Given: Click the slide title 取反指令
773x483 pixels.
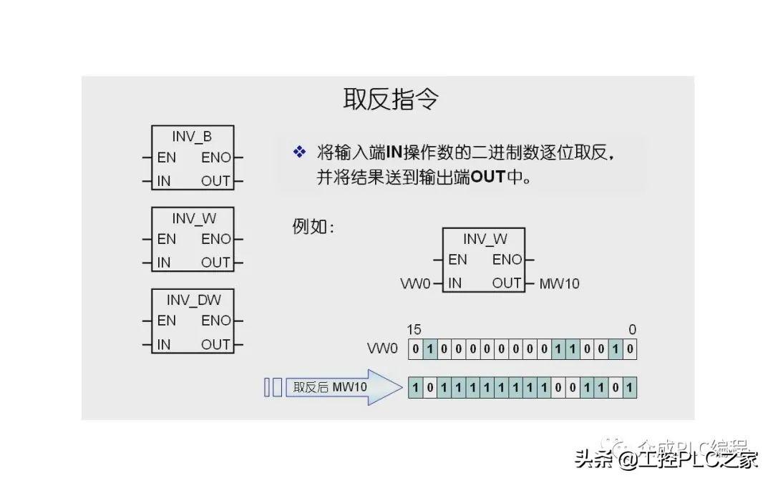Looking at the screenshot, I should point(390,99).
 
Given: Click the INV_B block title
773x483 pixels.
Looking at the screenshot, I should point(192,136).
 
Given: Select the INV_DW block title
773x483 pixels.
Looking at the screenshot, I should point(192,299).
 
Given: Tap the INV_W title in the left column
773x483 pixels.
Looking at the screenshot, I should point(192,218).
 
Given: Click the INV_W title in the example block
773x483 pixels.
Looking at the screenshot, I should point(484,238).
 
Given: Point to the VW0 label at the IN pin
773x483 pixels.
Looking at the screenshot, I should point(416,284).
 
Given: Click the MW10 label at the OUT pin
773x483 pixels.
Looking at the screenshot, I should point(559,284).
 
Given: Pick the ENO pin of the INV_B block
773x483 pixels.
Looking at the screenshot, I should point(216,158).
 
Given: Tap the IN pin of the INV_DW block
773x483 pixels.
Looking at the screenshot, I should point(164,344).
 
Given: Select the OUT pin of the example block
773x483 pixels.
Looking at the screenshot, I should point(507,283).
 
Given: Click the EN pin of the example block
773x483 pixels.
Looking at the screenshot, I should point(457,260).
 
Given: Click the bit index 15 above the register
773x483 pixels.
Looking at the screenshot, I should point(414,330).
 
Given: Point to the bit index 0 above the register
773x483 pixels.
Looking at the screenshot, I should point(632,330).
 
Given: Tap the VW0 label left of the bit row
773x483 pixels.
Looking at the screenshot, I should point(381,349).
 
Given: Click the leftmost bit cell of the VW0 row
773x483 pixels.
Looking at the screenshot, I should point(415,349).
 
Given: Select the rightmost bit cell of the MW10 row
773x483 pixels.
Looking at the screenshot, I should point(629,388).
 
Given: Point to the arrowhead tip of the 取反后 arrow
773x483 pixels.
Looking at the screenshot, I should point(402,388).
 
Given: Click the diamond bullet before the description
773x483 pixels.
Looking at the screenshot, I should point(299,152).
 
